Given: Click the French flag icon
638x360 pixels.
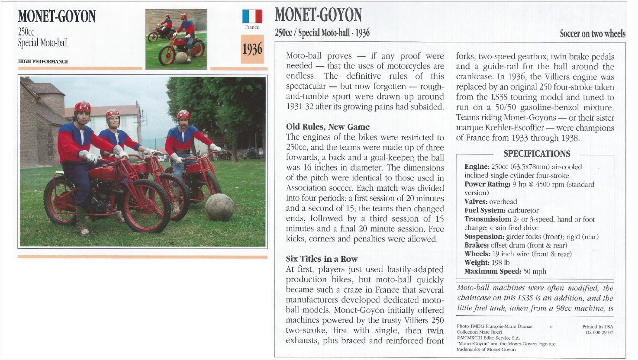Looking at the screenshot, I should click(252, 16).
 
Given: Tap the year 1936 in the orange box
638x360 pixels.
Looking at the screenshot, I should click(252, 49).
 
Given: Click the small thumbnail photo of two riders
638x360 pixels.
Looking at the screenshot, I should click(176, 39).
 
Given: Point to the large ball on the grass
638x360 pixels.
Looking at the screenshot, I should click(219, 207).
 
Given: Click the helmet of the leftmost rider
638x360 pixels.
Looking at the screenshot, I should click(82, 107).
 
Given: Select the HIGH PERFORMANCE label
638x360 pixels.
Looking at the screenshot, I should click(43, 61).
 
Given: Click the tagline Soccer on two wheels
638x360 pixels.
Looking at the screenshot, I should click(592, 34).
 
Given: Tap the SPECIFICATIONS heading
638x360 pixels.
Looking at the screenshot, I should click(537, 154).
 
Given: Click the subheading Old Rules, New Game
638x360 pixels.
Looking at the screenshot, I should click(328, 127).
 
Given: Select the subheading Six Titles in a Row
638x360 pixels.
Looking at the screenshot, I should click(322, 259).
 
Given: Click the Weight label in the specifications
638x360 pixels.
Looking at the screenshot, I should click(477, 263).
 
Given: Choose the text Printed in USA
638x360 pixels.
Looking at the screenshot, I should click(597, 327).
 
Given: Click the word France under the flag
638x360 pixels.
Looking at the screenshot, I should click(252, 27).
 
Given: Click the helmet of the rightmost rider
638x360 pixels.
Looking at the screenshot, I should click(184, 115).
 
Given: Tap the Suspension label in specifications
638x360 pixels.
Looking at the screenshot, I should click(484, 237).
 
